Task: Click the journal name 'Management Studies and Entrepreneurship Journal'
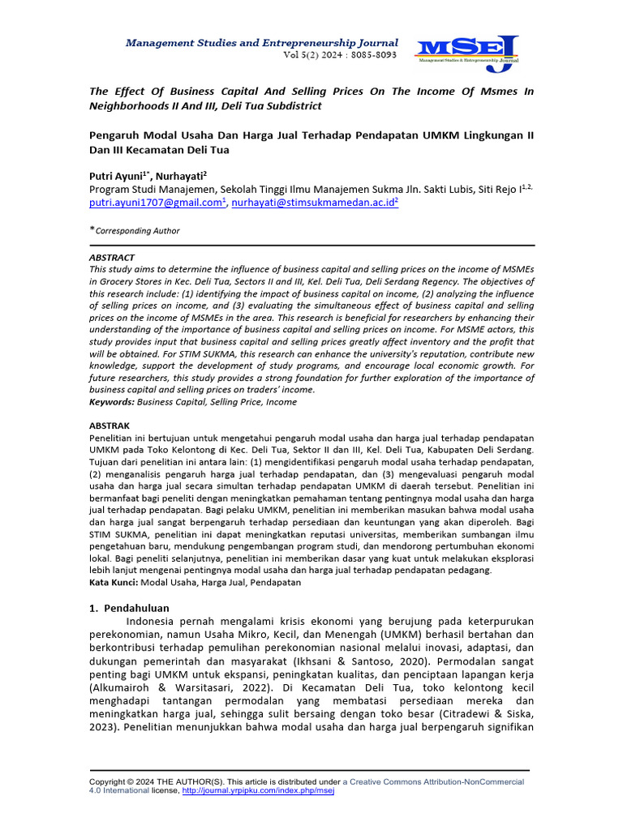261,42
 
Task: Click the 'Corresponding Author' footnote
137,231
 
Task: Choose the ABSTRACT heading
113,257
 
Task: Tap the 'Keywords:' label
112,401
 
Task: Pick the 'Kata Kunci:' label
114,582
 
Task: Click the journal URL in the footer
259,790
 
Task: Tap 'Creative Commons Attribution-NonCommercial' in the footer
433,781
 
